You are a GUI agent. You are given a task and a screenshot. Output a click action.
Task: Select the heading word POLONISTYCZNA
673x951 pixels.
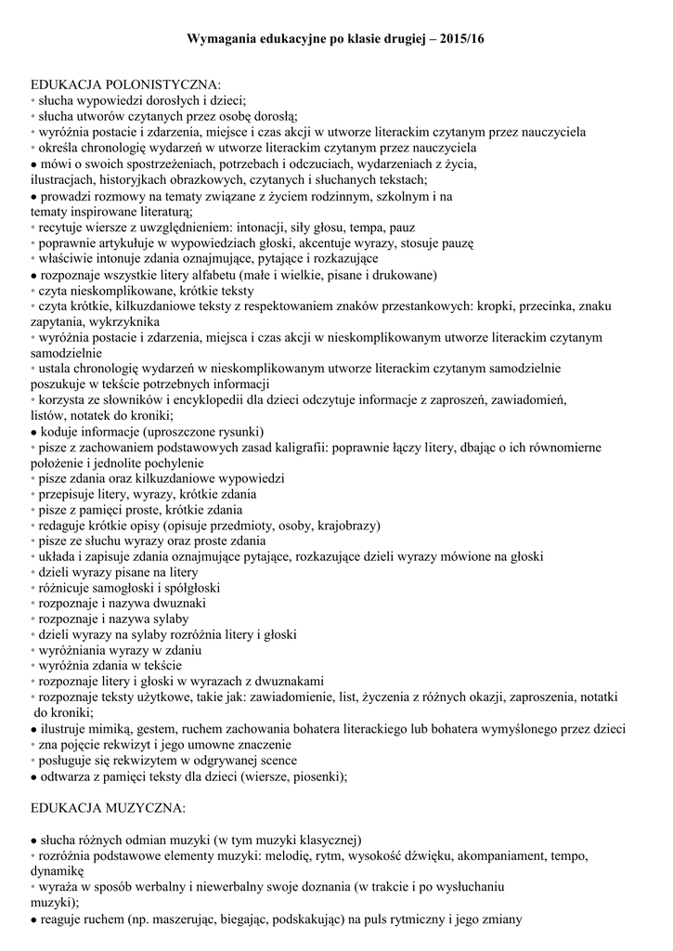coord(163,85)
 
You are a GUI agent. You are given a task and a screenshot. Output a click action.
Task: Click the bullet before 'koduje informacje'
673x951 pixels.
coord(33,432)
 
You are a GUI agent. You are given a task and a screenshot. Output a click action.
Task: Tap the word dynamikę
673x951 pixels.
coord(58,871)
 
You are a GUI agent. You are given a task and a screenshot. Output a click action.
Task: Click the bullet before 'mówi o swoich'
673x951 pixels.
coord(33,164)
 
